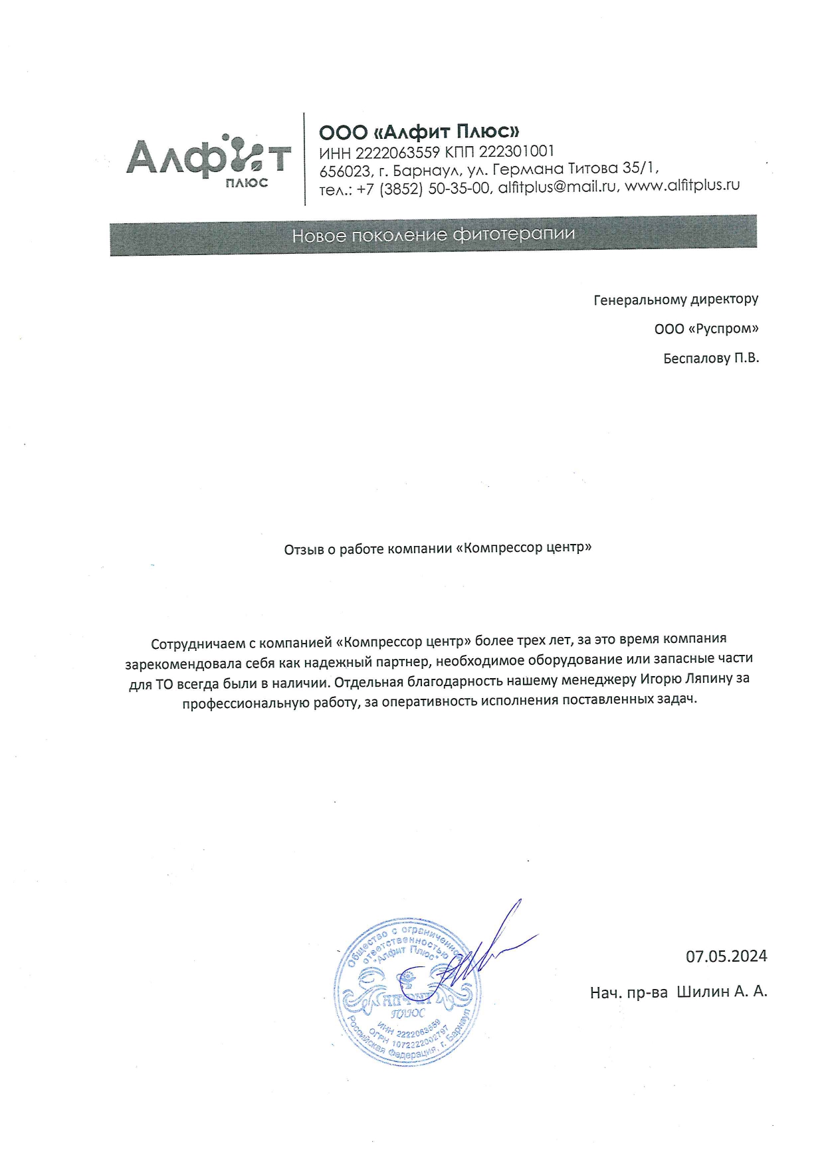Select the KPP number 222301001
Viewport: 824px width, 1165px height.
pos(516,151)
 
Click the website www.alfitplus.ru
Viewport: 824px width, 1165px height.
pos(682,185)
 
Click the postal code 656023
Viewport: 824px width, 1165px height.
pos(344,171)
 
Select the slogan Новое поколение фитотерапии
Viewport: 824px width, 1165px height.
pos(433,235)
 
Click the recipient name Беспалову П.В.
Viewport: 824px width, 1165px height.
pos(710,359)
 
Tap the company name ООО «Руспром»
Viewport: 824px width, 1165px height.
pos(706,329)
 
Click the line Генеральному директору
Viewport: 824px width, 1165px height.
pos(675,300)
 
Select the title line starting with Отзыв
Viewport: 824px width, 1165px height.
pos(437,549)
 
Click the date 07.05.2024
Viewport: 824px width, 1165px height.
pos(726,956)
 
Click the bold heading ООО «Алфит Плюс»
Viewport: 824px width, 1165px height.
pos(419,132)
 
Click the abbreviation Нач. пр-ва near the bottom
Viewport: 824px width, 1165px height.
pos(628,993)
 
